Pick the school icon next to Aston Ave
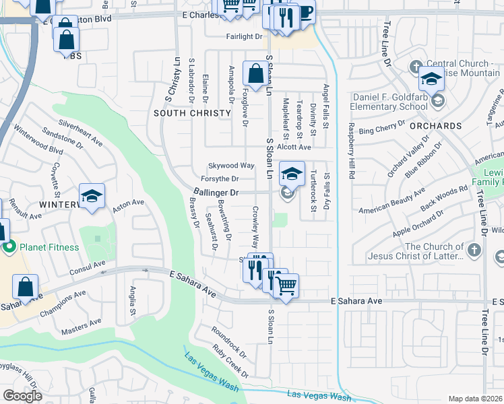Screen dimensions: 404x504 click(x=92, y=196)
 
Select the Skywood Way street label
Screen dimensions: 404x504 click(x=231, y=165)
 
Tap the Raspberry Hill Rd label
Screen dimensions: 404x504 click(x=351, y=151)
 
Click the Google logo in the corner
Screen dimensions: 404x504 click(x=22, y=396)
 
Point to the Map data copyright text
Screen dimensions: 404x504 click(x=476, y=399)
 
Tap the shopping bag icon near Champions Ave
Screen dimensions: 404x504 click(x=25, y=287)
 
